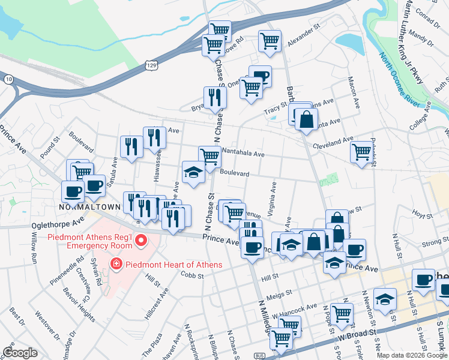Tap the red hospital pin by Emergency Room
pyautogui.click(x=142, y=242)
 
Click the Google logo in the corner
pyautogui.click(x=20, y=352)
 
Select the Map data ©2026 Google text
pyautogui.click(x=412, y=355)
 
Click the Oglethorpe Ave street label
pyautogui.click(x=57, y=224)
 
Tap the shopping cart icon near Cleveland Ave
pyautogui.click(x=361, y=152)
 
